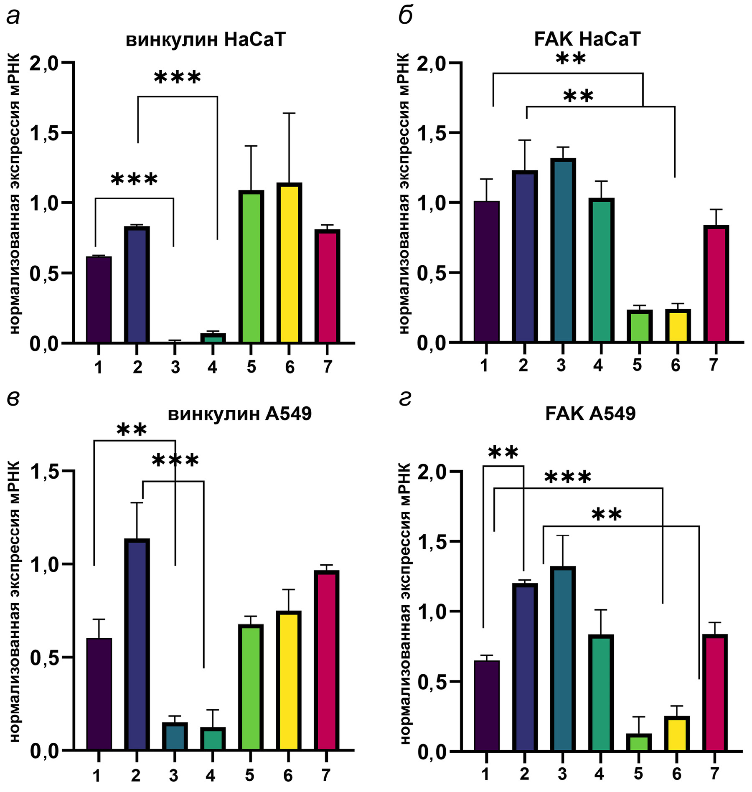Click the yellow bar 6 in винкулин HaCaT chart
289,263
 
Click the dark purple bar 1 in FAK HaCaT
487,272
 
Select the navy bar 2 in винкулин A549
137,645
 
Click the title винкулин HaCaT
206,40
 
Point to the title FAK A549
590,414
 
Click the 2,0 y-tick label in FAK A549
433,472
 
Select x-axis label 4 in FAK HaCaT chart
598,365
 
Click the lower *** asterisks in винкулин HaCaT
134,180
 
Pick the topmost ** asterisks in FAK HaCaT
571,59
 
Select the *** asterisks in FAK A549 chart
568,477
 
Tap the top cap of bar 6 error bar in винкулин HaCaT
289,113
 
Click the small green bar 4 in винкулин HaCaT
213,338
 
